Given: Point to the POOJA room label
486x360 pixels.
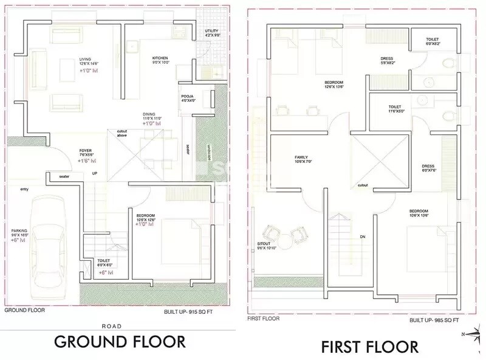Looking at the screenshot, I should pyautogui.click(x=187, y=97).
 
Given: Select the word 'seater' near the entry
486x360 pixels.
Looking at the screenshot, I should pyautogui.click(x=64, y=176).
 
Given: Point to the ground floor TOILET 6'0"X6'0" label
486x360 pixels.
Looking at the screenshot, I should pyautogui.click(x=104, y=263).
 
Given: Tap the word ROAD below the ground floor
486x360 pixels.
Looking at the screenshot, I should pyautogui.click(x=118, y=325).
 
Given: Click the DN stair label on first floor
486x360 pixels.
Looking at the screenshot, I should pyautogui.click(x=362, y=237).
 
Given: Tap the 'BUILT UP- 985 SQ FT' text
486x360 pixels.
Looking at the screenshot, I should pyautogui.click(x=434, y=320).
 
